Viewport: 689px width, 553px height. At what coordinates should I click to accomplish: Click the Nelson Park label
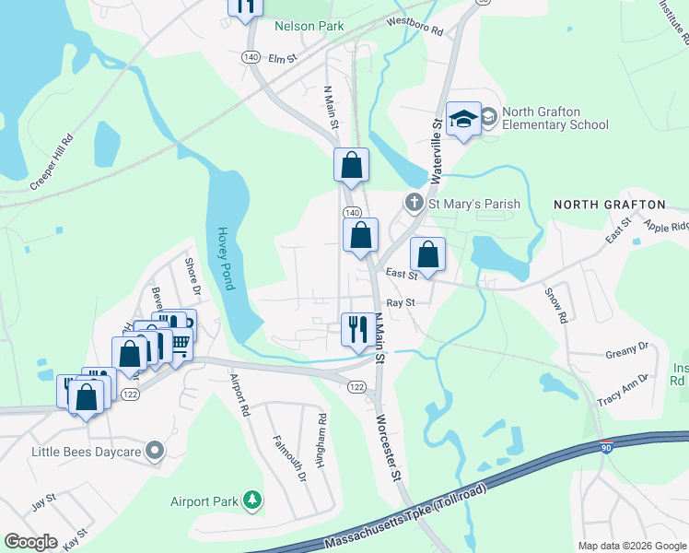click(x=309, y=26)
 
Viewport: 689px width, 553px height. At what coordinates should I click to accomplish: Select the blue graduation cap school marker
click(x=463, y=119)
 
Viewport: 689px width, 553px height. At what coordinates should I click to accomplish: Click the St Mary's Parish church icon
click(x=415, y=202)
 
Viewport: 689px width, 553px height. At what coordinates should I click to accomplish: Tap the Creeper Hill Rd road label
click(x=52, y=165)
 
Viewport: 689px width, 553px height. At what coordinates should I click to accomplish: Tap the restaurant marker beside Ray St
click(x=356, y=329)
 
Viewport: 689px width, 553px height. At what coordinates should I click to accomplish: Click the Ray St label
click(x=402, y=301)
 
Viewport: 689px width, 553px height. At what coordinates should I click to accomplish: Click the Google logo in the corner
click(x=30, y=542)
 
